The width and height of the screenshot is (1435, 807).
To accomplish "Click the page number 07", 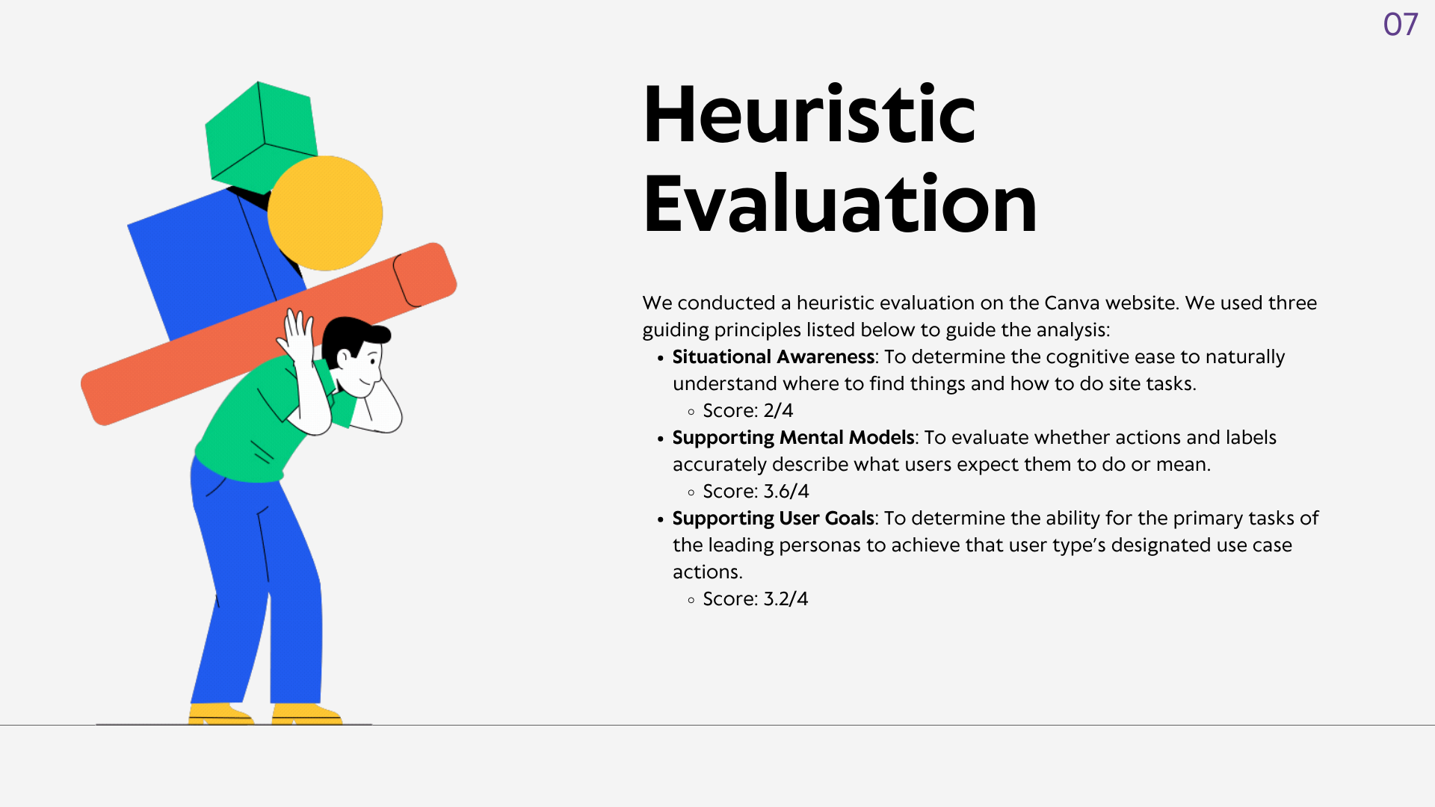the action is tap(1400, 25).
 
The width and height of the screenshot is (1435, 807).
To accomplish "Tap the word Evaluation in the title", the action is tap(840, 203).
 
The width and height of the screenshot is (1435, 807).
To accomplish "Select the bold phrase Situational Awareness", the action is tap(773, 357).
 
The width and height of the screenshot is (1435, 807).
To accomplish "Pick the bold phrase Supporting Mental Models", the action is tap(793, 438).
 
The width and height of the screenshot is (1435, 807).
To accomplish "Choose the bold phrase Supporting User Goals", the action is tap(773, 519).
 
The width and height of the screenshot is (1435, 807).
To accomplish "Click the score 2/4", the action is tap(778, 411).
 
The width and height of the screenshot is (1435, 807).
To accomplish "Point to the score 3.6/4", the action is tap(786, 492).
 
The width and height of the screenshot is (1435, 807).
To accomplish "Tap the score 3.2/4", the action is tap(786, 599).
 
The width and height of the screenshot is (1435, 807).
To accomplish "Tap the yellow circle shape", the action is tap(325, 213).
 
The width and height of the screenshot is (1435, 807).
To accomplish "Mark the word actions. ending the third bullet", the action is tap(707, 572).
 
